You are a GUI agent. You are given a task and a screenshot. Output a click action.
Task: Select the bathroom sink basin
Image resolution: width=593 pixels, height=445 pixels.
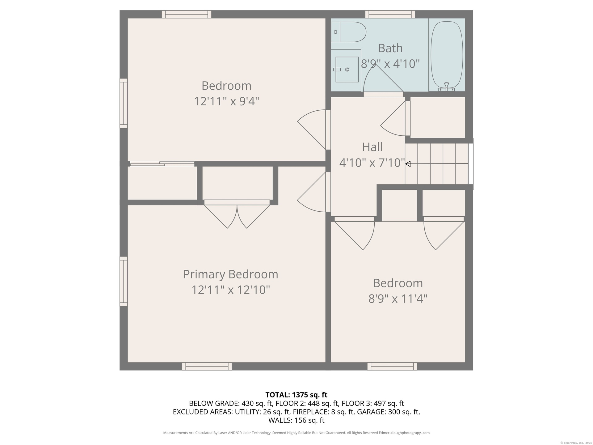pyautogui.click(x=347, y=70)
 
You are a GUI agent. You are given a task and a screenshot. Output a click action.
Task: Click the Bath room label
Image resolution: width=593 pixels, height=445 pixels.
pyautogui.click(x=390, y=48)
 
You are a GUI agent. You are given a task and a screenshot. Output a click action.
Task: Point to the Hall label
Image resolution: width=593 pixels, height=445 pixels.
pyautogui.click(x=372, y=147)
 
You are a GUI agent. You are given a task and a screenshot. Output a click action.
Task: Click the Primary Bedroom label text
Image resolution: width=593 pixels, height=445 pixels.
pyautogui.click(x=231, y=274)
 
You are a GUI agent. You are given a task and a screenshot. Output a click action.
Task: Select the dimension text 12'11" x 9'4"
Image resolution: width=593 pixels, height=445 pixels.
pyautogui.click(x=226, y=101)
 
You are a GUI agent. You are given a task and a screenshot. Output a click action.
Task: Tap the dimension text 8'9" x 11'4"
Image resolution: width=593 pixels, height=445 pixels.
pyautogui.click(x=398, y=299)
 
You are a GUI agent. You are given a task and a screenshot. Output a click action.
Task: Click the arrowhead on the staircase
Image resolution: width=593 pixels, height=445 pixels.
pyautogui.click(x=408, y=164)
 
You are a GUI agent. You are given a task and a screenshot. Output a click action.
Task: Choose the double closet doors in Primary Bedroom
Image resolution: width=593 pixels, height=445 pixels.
pyautogui.click(x=237, y=214)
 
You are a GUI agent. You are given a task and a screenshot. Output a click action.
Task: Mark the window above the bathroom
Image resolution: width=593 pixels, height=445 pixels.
pyautogui.click(x=390, y=14)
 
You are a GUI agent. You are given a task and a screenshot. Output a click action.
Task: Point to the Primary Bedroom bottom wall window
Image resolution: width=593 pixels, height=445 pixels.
pyautogui.click(x=207, y=366)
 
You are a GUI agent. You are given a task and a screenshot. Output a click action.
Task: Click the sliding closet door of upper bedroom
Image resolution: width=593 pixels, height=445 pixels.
pyautogui.click(x=162, y=163)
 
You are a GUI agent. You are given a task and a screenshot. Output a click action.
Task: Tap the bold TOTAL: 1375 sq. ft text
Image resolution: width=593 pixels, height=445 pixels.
pyautogui.click(x=296, y=395)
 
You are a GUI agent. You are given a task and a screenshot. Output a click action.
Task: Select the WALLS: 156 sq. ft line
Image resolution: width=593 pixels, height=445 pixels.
pyautogui.click(x=296, y=420)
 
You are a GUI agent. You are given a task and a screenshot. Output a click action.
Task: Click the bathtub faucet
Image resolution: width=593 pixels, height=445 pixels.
pyautogui.click(x=446, y=87)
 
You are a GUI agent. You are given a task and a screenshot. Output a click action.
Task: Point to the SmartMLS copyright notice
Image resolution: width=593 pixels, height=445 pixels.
pyautogui.click(x=576, y=443)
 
